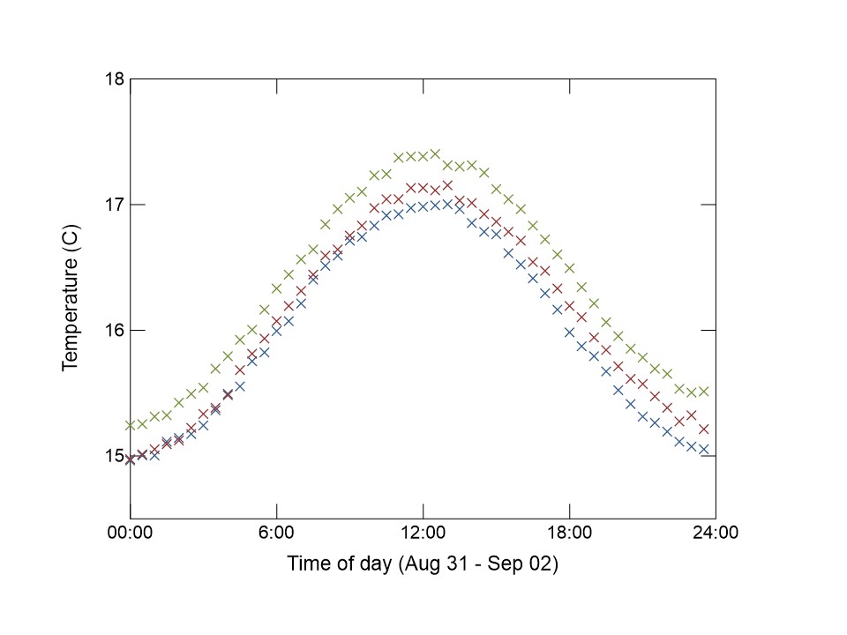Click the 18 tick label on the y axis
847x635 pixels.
tap(114, 79)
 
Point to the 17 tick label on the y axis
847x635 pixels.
tap(114, 205)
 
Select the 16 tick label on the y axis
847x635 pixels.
tap(114, 331)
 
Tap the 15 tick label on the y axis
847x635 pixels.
tap(114, 456)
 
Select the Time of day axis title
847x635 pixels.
tap(423, 564)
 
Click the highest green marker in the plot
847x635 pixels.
tap(435, 153)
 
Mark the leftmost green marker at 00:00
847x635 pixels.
tap(131, 425)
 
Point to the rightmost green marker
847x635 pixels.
tap(704, 391)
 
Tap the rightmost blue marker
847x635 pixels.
tap(704, 449)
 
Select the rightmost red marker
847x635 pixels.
tap(704, 429)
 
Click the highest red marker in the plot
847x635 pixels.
tap(447, 185)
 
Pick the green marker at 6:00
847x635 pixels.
tap(277, 288)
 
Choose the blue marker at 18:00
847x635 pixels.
tap(569, 332)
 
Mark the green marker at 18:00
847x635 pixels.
tap(569, 268)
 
